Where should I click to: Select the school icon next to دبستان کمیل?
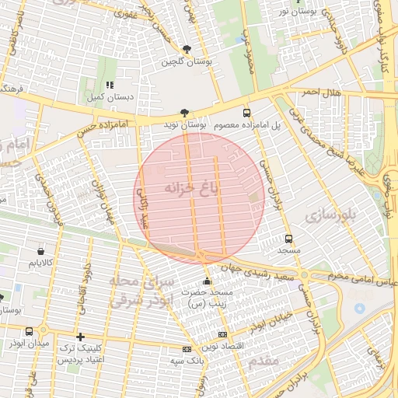[x=110, y=85]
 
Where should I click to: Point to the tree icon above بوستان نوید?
[x=184, y=113]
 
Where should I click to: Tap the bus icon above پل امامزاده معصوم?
[x=246, y=112]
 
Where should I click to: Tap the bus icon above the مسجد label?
[x=289, y=239]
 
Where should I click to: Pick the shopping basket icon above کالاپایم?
[x=40, y=251]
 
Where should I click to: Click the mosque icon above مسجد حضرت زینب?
[x=206, y=281]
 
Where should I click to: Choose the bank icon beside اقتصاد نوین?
[x=223, y=334]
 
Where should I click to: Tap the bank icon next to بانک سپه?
[x=186, y=349]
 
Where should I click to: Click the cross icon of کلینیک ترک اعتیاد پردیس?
[x=80, y=337]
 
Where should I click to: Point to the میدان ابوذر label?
[x=28, y=343]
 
